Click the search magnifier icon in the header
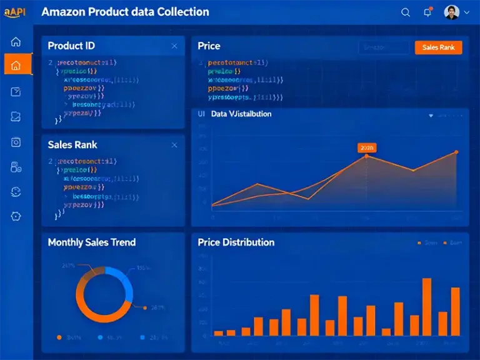(406, 12)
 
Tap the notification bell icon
(427, 12)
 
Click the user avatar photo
(451, 12)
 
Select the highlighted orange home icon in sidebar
(16, 65)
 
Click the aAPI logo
(14, 12)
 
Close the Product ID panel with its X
(174, 46)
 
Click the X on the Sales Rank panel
(174, 145)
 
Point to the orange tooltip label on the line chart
(366, 147)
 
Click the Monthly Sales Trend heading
(91, 242)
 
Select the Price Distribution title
(236, 242)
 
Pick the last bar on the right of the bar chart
(455, 311)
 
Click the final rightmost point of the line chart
(456, 152)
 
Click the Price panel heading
(209, 46)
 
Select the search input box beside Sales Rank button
(383, 47)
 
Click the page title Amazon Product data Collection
(125, 12)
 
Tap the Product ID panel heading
(71, 46)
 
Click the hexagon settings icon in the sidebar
(16, 216)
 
